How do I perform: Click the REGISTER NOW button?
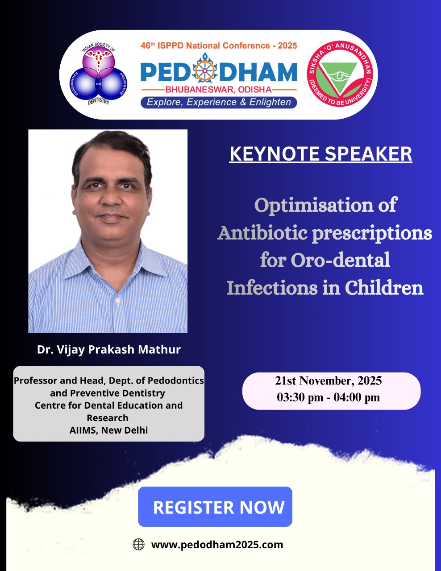point(215,507)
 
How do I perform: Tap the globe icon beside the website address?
point(138,545)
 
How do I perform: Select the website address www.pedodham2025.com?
point(217,545)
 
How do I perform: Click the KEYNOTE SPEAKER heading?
point(320,154)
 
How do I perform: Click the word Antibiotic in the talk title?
point(262,233)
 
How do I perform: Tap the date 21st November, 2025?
point(329,381)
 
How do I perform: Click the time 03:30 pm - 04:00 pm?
point(329,397)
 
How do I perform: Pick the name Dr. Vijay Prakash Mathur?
point(109,349)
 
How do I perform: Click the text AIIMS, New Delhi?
point(108,430)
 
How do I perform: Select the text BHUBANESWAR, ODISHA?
point(219,90)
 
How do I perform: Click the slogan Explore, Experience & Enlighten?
point(219,102)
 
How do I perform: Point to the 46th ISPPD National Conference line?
point(219,46)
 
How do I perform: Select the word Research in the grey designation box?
point(108,418)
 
